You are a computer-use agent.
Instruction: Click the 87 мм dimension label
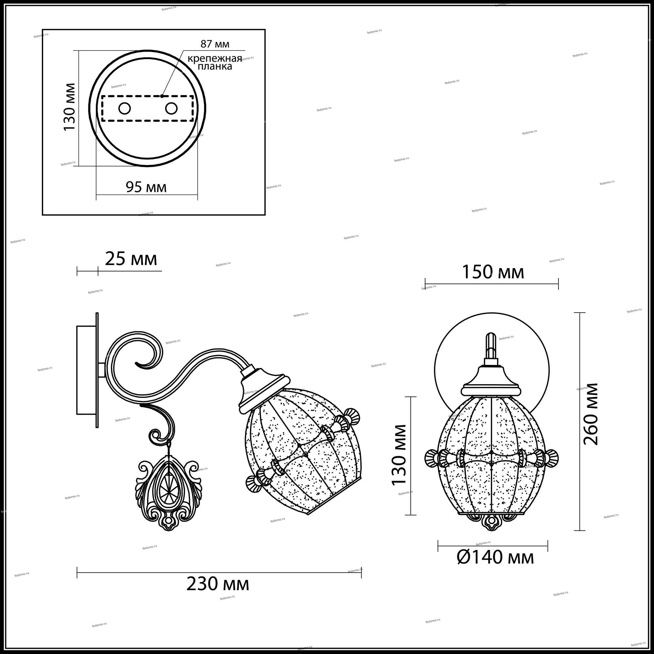click(x=215, y=44)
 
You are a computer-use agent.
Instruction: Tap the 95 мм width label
click(x=146, y=187)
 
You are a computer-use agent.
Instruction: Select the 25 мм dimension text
click(x=131, y=260)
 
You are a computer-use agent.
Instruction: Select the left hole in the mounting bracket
click(x=124, y=108)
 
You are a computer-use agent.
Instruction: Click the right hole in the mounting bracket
click(x=171, y=108)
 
